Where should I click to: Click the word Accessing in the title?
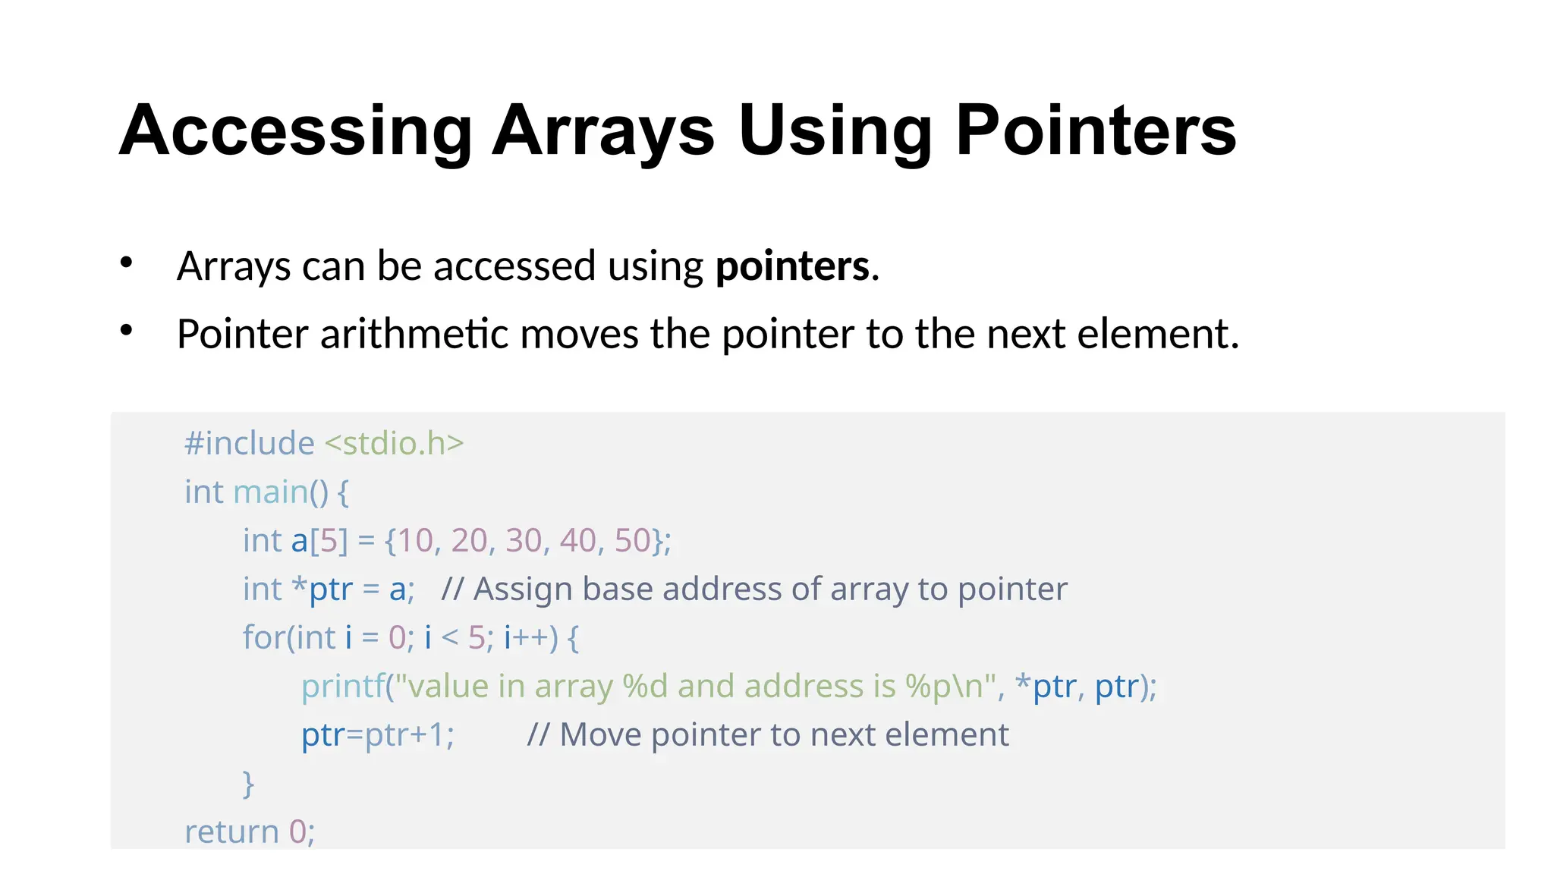click(x=296, y=131)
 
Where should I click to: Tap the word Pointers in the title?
click(x=1096, y=131)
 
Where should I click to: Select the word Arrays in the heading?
click(x=603, y=131)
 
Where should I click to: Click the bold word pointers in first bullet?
click(x=792, y=266)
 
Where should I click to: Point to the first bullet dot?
click(x=127, y=263)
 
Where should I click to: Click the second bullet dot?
click(x=127, y=330)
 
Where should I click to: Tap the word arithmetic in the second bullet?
click(x=414, y=334)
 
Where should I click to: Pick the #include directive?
click(x=249, y=443)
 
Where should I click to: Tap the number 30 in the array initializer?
click(x=524, y=541)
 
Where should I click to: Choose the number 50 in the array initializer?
click(x=632, y=541)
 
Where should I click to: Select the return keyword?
click(x=231, y=832)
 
